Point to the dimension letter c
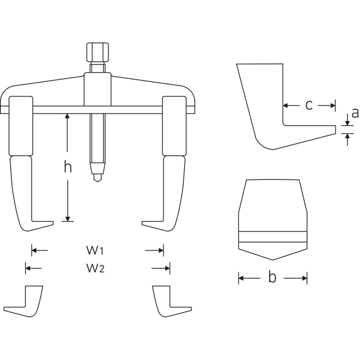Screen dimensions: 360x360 (309, 105)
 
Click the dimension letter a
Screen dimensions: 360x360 (354, 113)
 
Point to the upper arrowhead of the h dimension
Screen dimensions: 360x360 (67, 116)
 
